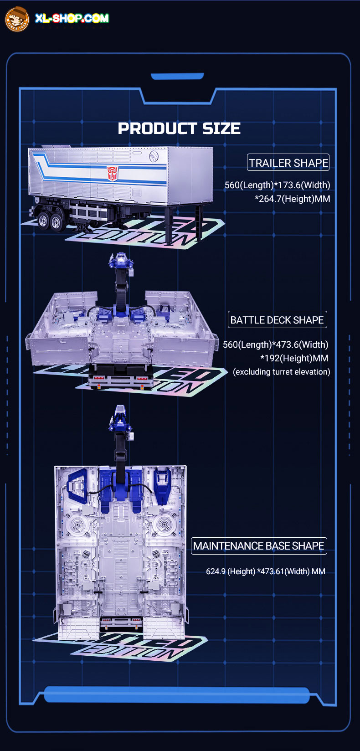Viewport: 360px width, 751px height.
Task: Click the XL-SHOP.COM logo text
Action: click(72, 18)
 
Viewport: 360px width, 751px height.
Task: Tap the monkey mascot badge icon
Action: click(17, 19)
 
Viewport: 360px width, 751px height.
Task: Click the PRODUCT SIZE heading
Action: click(180, 129)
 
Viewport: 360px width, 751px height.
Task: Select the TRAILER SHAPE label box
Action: click(288, 163)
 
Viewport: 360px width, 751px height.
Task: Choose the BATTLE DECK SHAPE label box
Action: click(277, 320)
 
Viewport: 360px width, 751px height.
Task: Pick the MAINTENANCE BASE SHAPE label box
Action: click(259, 546)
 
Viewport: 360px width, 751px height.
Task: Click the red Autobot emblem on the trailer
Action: click(112, 173)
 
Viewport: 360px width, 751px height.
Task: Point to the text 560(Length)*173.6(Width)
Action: click(277, 185)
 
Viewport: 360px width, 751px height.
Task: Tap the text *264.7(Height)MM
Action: click(292, 199)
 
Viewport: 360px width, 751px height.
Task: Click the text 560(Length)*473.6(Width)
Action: click(276, 345)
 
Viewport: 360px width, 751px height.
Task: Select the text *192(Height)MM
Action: click(294, 358)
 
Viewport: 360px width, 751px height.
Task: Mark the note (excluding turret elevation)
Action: click(282, 372)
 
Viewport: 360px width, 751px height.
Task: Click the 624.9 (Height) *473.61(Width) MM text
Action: click(266, 571)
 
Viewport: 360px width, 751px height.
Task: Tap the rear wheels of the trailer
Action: click(50, 221)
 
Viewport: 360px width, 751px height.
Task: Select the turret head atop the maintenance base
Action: click(120, 419)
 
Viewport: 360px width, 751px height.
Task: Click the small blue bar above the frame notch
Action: click(177, 77)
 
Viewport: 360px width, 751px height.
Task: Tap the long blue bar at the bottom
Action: click(177, 694)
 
